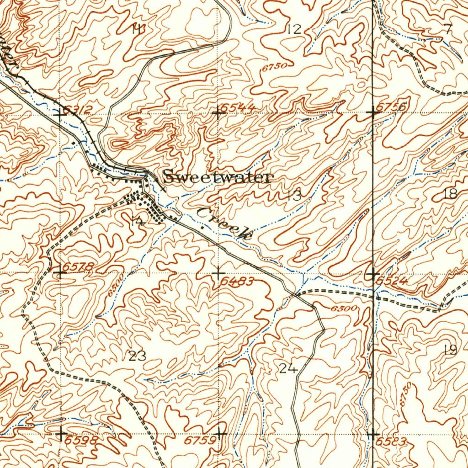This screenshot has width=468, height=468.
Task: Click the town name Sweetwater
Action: pos(218,177)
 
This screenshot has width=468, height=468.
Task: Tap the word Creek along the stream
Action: pos(226,223)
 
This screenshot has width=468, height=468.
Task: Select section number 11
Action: pos(138,29)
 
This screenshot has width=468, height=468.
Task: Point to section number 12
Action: pos(295,30)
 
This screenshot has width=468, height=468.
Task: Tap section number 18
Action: pos(450,194)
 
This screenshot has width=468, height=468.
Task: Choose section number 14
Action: pos(137,222)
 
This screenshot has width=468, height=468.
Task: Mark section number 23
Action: pos(137,356)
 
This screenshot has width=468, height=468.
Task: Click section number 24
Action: pos(288,368)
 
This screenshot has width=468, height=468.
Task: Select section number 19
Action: pos(450,351)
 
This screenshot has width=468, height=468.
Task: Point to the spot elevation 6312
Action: pos(78,109)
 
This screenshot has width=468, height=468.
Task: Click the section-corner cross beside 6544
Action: pos(218,112)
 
